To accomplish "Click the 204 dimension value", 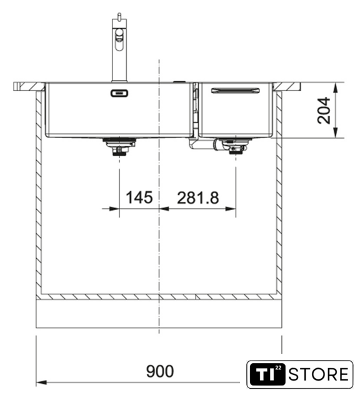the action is (324, 110).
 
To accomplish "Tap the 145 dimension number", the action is (139, 197).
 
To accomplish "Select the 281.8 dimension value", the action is (198, 198).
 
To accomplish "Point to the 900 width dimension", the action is (160, 371).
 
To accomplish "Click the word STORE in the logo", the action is (318, 374).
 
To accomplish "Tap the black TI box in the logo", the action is (267, 374).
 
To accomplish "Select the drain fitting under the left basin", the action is (119, 147).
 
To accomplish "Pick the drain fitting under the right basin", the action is (234, 146).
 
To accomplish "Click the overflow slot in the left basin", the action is (119, 93).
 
